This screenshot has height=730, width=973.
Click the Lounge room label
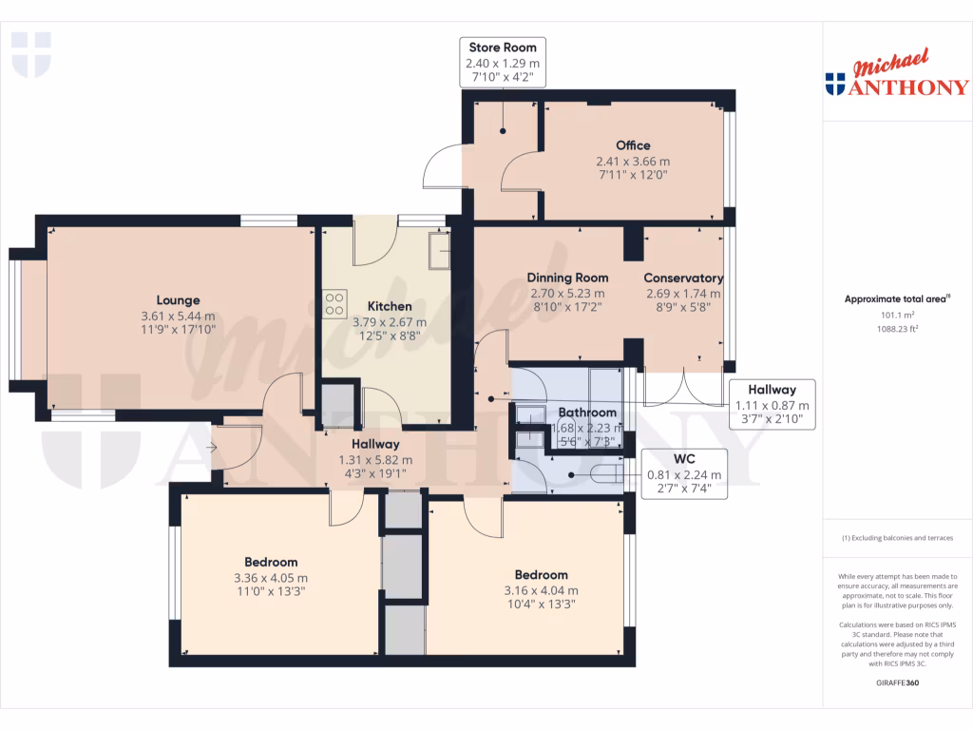click(x=178, y=300)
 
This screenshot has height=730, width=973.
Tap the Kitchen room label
click(x=390, y=306)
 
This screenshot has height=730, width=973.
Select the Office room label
click(x=633, y=145)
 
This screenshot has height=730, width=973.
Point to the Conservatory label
click(x=684, y=279)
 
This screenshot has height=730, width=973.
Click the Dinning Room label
click(x=567, y=279)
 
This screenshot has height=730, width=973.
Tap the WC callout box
click(x=683, y=474)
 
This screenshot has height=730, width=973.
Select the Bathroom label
click(x=586, y=413)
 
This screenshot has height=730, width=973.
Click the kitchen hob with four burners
click(x=334, y=303)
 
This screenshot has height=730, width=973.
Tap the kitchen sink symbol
click(x=439, y=249)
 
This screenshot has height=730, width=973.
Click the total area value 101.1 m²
click(x=898, y=316)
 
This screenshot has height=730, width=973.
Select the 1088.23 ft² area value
click(x=898, y=328)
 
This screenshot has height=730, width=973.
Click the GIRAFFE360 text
click(x=898, y=682)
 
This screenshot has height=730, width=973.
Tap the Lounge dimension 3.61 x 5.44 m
click(x=178, y=317)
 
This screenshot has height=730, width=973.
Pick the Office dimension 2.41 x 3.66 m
click(x=633, y=162)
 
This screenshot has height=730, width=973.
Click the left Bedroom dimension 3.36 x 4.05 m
click(x=271, y=578)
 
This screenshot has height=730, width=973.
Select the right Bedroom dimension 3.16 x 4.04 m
click(x=541, y=590)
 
